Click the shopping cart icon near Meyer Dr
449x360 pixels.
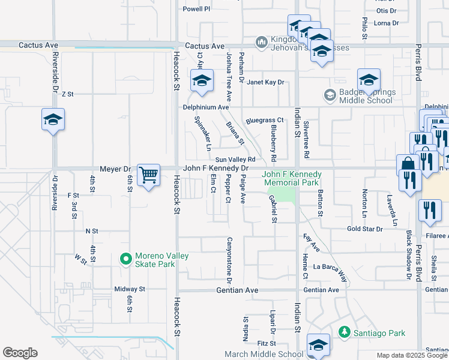coord(148,176)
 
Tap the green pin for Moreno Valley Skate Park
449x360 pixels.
coord(125,259)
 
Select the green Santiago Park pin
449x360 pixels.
coord(344,332)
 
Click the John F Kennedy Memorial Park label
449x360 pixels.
coord(292,178)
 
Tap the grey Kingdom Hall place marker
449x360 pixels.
coord(261,42)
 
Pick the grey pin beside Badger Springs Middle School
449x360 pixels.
coord(330,95)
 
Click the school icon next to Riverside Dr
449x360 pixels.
coord(53,120)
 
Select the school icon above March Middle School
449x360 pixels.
coord(318,345)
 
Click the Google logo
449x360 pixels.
coord(20,353)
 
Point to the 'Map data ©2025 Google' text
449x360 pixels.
coord(412,355)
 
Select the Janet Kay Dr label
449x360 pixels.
coord(265,82)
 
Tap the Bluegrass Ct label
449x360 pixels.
coord(264,121)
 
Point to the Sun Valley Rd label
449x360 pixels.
coord(236,159)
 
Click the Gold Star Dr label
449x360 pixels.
coord(364,229)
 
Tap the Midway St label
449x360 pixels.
coord(130,289)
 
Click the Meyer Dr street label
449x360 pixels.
coord(115,169)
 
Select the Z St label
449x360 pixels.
coord(67,94)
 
